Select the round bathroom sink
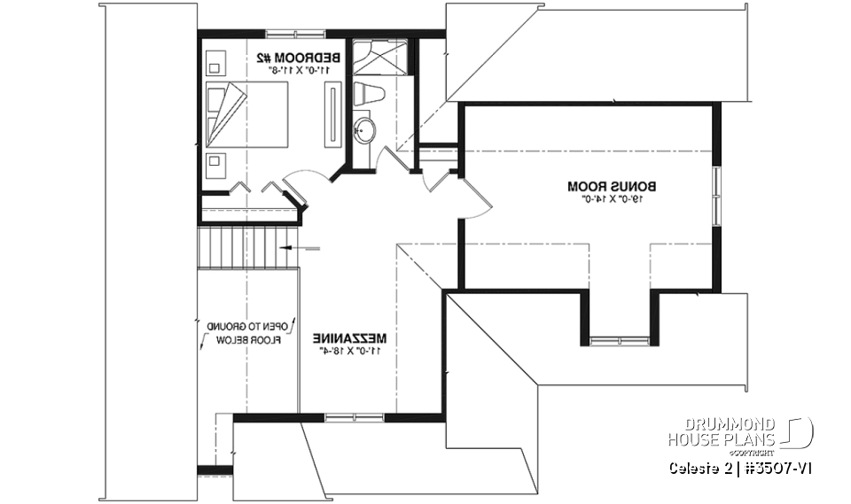click(x=365, y=131)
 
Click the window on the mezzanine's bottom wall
click(x=348, y=415)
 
